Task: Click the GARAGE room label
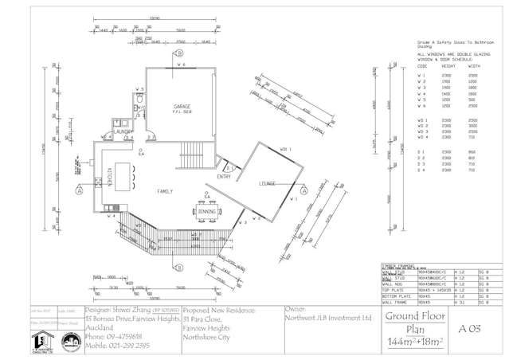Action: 184,106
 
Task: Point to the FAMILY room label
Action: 165,191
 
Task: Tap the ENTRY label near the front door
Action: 224,177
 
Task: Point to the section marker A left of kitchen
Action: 80,191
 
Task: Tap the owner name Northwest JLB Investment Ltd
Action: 328,317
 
